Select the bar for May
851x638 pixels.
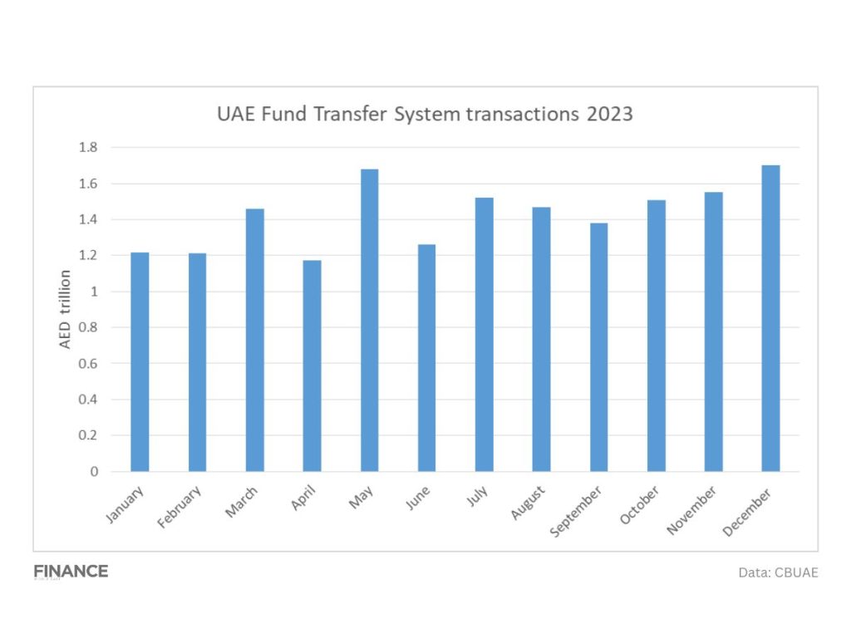pos(369,320)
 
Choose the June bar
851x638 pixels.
pos(426,357)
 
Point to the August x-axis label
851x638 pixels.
pos(529,503)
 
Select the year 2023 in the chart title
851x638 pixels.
pos(609,114)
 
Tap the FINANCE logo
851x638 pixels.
pos(71,572)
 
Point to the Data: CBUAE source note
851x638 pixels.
pos(778,572)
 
